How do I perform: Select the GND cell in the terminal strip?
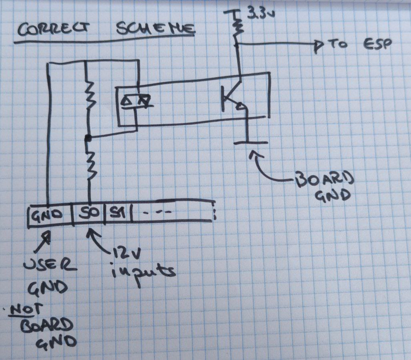click(x=50, y=215)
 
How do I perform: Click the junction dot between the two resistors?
click(x=88, y=138)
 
